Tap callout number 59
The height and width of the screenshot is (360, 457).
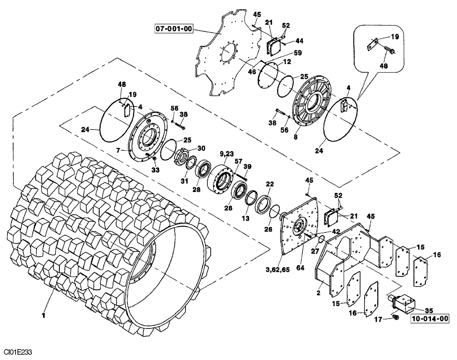(x=298, y=53)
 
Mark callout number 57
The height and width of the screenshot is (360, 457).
(x=238, y=161)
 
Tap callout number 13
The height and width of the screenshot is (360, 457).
(x=245, y=219)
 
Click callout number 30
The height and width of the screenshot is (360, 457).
(x=201, y=148)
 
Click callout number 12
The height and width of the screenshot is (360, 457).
(x=287, y=61)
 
